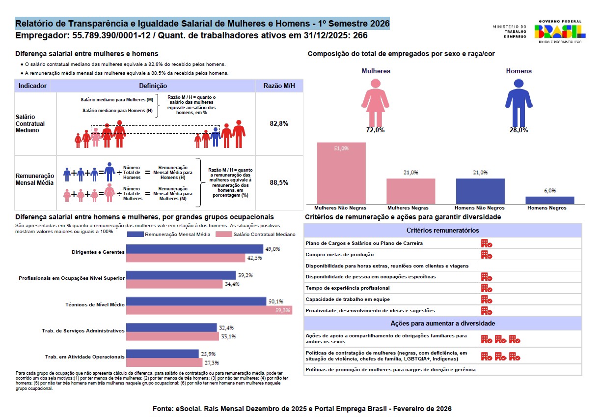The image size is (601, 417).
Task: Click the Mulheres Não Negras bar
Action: [x=341, y=173]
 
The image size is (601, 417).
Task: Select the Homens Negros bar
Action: [x=549, y=200]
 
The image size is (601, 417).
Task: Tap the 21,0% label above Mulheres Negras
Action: [x=410, y=172]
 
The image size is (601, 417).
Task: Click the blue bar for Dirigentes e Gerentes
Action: [x=194, y=249]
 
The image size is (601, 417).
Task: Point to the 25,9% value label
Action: [x=208, y=354]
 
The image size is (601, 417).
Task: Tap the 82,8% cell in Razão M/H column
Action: [x=279, y=123]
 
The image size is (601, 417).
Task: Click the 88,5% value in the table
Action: [x=279, y=182]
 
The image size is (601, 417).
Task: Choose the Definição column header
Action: [x=153, y=86]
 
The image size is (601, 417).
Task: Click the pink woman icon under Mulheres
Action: [x=376, y=102]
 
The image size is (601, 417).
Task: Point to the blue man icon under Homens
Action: [x=519, y=102]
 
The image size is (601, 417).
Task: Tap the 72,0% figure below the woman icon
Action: [x=376, y=130]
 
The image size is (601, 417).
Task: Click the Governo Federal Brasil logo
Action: [x=560, y=31]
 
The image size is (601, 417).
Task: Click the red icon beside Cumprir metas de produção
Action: [x=486, y=254]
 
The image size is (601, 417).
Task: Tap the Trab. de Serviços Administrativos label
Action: [x=83, y=331]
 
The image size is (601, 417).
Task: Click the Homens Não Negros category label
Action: [x=480, y=208]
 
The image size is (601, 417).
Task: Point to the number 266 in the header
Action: [x=360, y=36]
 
